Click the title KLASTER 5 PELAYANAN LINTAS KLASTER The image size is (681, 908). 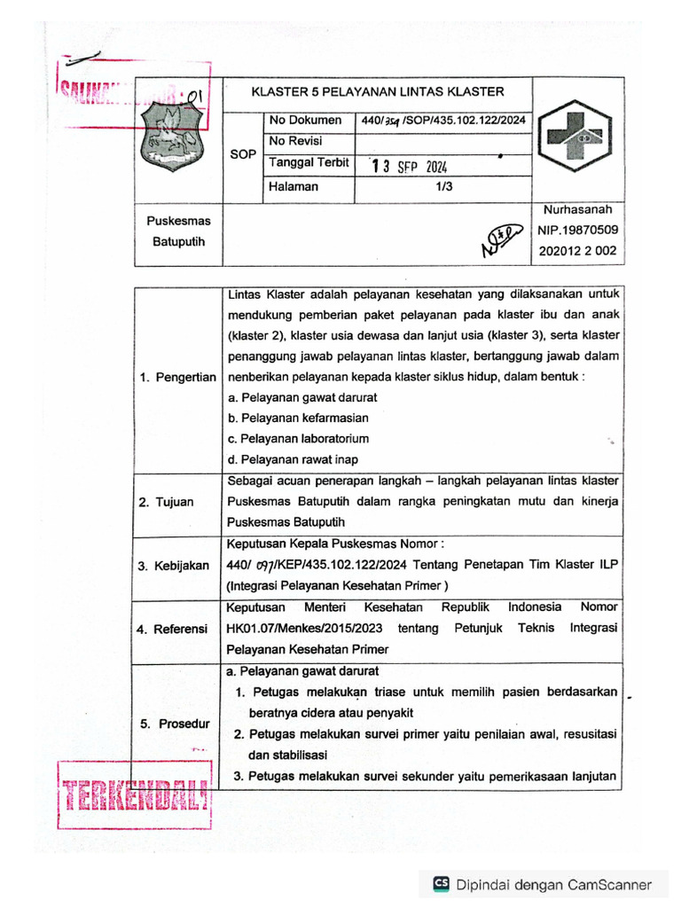click(377, 91)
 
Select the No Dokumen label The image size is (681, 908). click(305, 121)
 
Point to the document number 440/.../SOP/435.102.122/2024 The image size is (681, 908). click(443, 121)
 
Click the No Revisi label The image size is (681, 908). click(296, 142)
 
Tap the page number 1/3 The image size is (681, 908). click(444, 187)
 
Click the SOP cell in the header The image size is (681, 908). click(243, 154)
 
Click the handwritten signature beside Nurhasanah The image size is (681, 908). click(499, 238)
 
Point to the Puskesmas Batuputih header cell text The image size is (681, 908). click(173, 231)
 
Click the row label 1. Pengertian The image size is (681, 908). click(177, 377)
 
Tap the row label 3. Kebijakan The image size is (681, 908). click(173, 566)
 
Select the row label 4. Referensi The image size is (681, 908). click(173, 630)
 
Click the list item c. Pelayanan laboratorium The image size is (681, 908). click(298, 439)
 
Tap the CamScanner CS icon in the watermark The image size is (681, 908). click(441, 884)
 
